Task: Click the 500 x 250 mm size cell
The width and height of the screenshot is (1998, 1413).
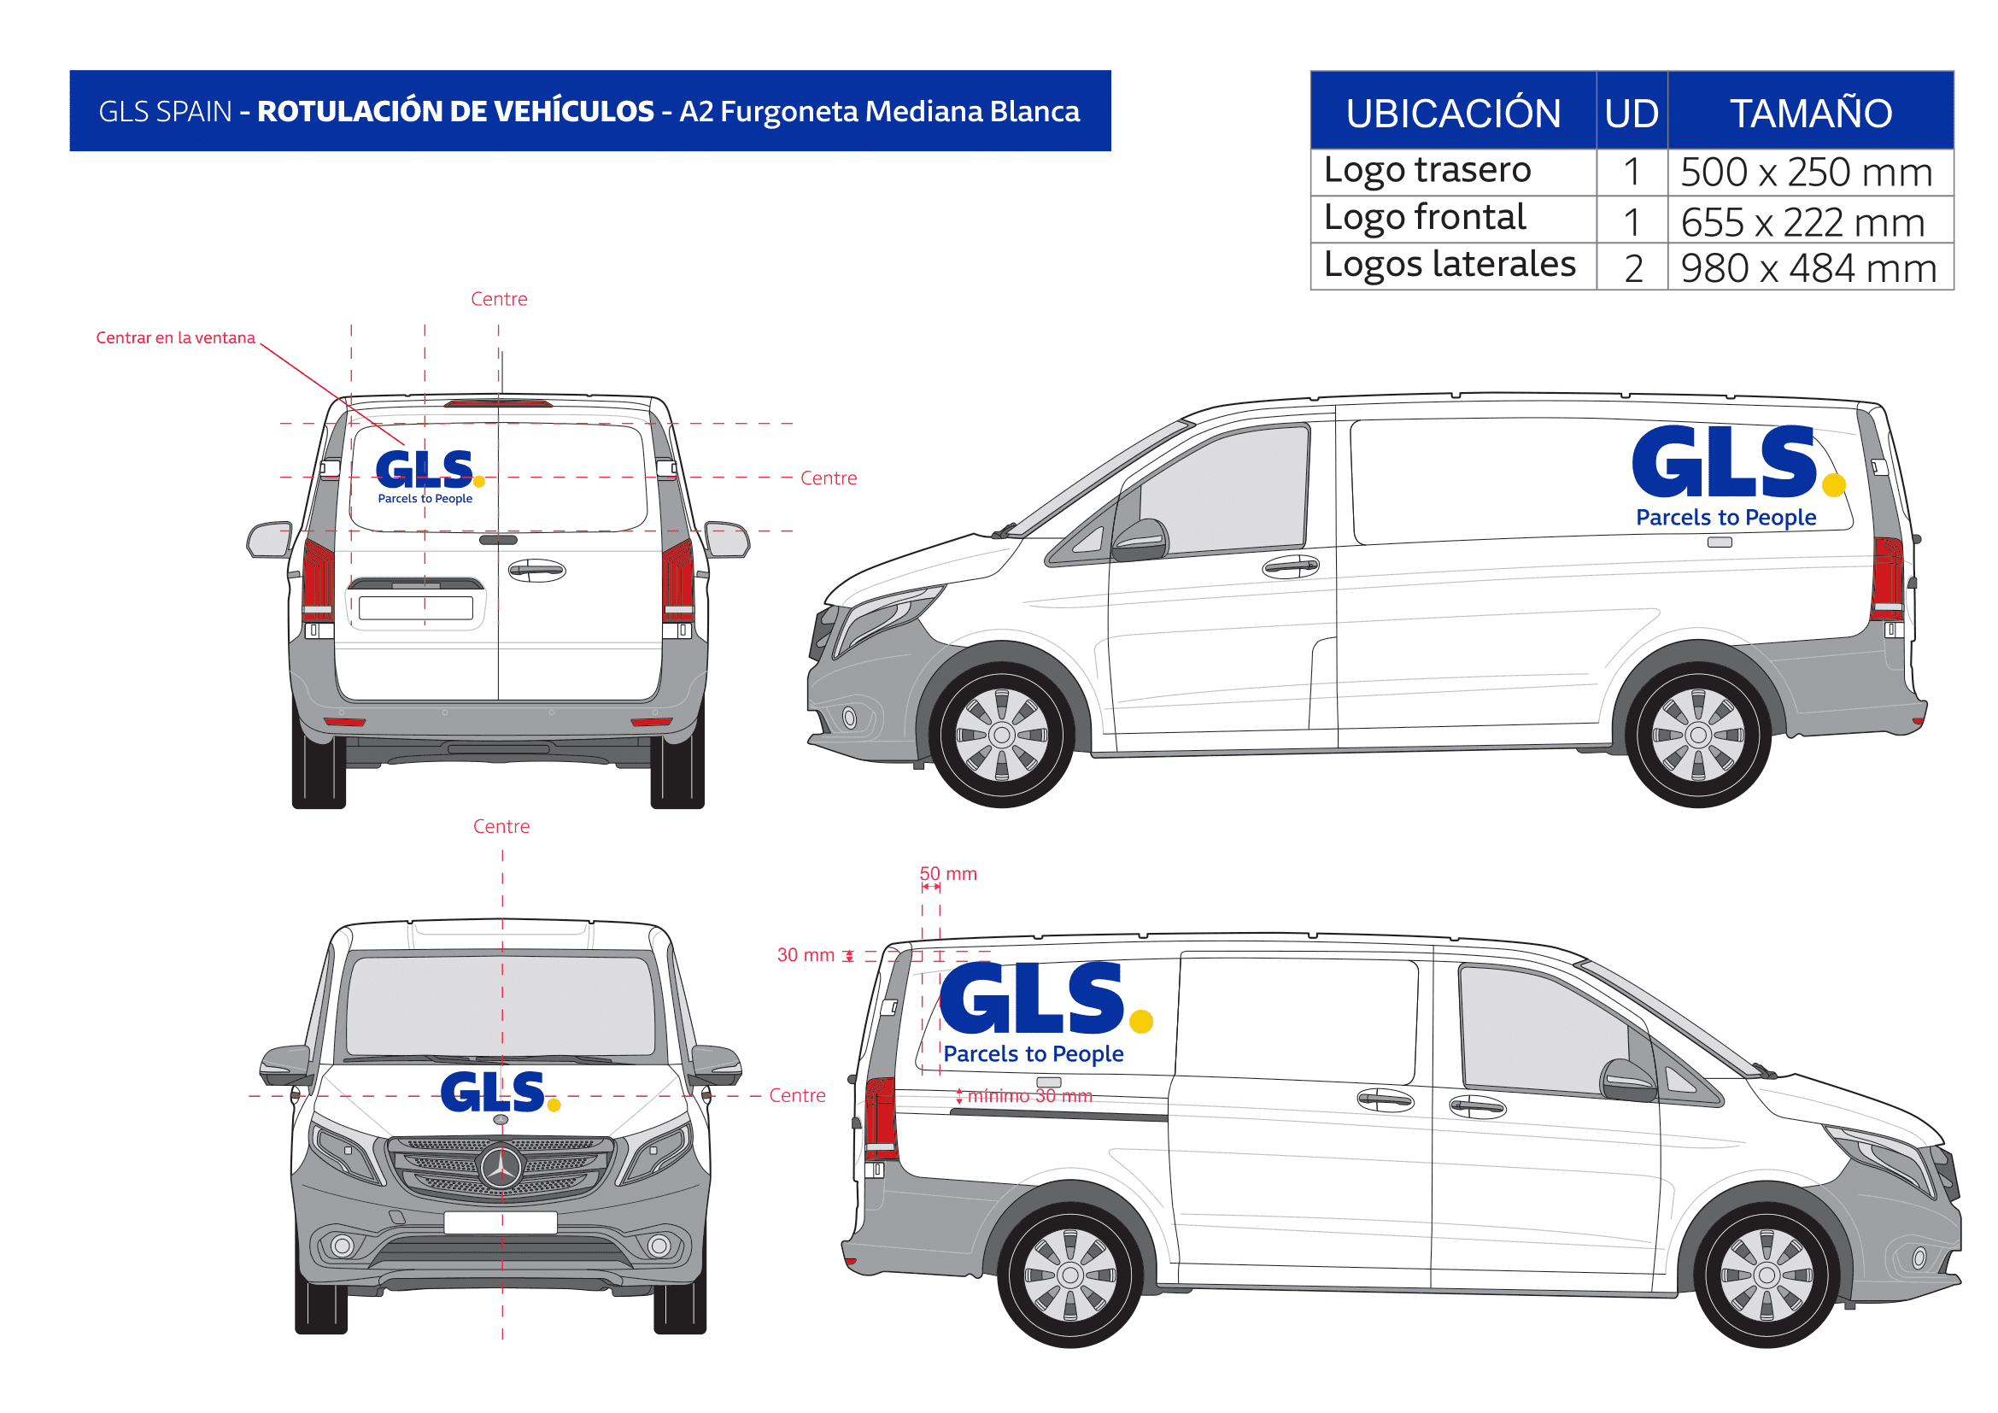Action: (x=1810, y=173)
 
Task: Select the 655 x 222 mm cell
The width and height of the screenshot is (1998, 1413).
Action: (x=1810, y=221)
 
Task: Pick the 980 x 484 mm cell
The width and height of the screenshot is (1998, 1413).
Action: (x=1810, y=267)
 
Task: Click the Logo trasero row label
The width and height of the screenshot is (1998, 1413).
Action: (x=1427, y=171)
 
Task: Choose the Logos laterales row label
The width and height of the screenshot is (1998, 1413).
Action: (x=1450, y=266)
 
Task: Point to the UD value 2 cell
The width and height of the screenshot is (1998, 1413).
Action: (x=1633, y=268)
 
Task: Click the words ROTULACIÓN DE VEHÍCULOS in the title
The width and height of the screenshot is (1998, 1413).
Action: (x=455, y=110)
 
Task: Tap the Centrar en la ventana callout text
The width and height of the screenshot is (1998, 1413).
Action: (x=175, y=337)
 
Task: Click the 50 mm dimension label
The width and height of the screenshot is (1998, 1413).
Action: (x=948, y=874)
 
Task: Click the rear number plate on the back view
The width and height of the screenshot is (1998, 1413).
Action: (x=416, y=608)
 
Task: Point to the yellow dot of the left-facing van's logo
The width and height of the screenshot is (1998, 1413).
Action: (x=1833, y=484)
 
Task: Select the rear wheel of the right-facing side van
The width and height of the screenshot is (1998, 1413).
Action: (x=1069, y=1275)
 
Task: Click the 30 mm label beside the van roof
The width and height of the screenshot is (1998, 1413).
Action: (x=805, y=955)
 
